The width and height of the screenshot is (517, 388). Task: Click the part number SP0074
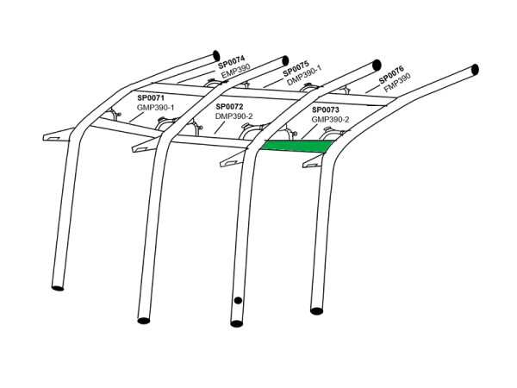[x=232, y=62]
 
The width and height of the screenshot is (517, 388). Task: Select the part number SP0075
[x=296, y=68]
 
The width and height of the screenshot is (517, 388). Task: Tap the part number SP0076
[x=391, y=75]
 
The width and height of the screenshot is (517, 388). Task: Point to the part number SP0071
[x=151, y=98]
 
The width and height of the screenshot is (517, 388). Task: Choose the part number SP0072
[x=229, y=107]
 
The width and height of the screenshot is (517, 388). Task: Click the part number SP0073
[x=326, y=110]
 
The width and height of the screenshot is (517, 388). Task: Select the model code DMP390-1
[x=304, y=76]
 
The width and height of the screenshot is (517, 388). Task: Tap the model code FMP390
[x=397, y=83]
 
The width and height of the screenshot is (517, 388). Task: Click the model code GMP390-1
[x=155, y=108]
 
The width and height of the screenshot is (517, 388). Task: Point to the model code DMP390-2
[x=234, y=116]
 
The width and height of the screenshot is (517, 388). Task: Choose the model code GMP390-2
[x=330, y=120]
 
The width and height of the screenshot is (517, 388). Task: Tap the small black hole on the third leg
[x=238, y=300]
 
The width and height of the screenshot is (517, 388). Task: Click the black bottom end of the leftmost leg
[x=58, y=288]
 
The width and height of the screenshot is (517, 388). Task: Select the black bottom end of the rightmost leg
[x=316, y=310]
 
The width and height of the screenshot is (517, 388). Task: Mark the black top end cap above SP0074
[x=216, y=55]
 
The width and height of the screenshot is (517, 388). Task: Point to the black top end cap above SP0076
[x=377, y=65]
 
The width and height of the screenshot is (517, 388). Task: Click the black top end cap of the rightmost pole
[x=475, y=70]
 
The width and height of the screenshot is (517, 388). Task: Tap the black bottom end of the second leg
[x=143, y=321]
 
